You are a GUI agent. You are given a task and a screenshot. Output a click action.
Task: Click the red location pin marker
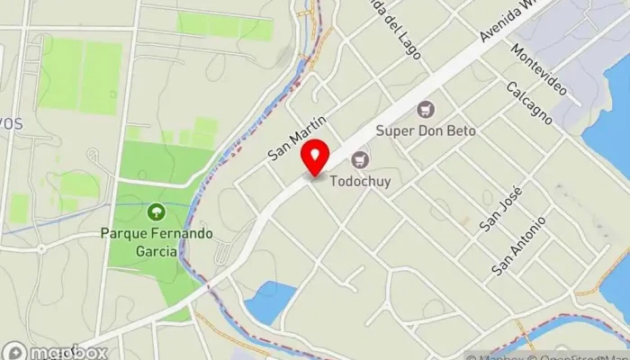point(315,158)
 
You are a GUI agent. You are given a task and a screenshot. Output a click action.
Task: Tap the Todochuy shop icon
point(361,160)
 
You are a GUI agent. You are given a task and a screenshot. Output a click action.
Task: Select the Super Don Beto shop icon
point(427,110)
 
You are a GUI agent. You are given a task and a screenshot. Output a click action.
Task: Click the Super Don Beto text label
point(426,130)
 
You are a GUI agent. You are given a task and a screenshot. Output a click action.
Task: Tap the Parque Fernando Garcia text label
point(157,241)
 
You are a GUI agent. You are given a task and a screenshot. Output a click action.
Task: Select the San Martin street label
point(294,136)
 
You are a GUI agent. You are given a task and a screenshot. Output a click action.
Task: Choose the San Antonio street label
point(519,246)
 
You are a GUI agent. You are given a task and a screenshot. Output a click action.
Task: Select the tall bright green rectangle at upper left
point(81,76)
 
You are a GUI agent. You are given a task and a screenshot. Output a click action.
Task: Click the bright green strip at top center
point(225,24)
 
